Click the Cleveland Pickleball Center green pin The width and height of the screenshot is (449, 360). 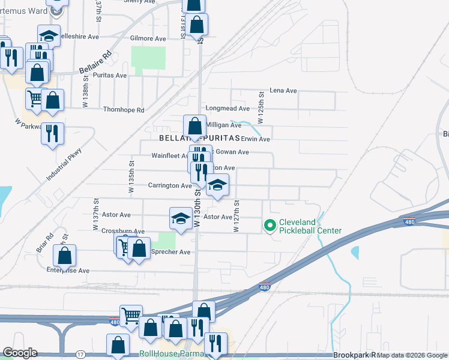270,226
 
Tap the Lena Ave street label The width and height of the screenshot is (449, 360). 283,91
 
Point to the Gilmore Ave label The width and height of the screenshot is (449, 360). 148,38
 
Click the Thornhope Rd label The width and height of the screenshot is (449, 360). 124,110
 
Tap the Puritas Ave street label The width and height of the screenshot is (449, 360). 110,76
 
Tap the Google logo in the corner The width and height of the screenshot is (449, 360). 20,353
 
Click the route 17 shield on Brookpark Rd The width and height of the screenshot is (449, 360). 80,355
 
